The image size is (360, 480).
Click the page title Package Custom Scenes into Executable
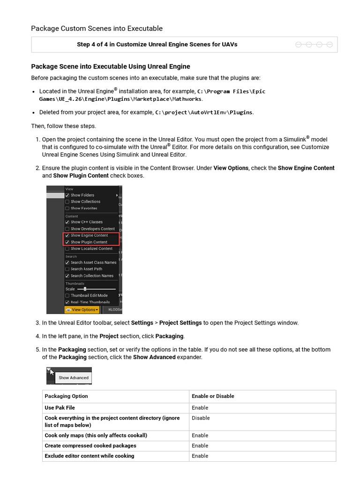[97, 28]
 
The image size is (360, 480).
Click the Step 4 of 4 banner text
[157, 45]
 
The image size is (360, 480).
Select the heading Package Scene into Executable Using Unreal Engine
[110, 67]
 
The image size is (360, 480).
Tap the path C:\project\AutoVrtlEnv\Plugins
[204, 112]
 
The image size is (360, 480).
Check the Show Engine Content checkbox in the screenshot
[67, 235]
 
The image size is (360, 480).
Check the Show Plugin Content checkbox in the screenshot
[67, 242]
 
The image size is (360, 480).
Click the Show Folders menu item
[82, 195]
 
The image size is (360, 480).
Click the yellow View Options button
[82, 310]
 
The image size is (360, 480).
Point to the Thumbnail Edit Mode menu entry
[89, 296]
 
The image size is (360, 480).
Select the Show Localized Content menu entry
[91, 248]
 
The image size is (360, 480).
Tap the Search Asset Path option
[86, 269]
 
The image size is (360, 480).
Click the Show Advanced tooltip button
[73, 377]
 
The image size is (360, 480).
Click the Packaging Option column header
[66, 396]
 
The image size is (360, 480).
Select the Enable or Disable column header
[213, 396]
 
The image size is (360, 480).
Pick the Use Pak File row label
[60, 408]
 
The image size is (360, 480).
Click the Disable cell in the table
[201, 418]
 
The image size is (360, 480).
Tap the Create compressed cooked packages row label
[90, 445]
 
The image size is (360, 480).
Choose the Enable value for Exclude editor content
[200, 456]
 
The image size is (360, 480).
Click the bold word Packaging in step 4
[170, 336]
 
